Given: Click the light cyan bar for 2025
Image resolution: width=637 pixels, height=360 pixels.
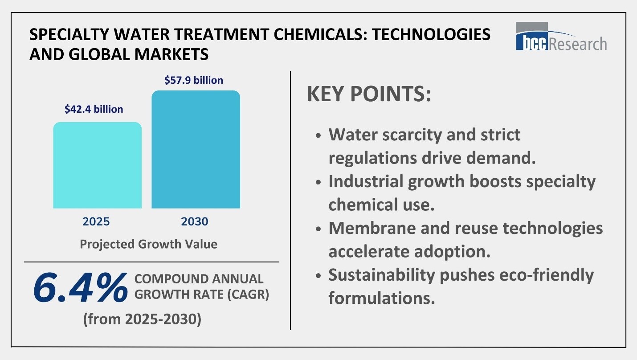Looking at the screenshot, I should pyautogui.click(x=97, y=165).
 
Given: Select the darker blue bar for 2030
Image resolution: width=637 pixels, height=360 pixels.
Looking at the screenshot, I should pyautogui.click(x=196, y=150).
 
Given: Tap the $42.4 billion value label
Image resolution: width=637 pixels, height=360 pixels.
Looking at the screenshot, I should pyautogui.click(x=94, y=109).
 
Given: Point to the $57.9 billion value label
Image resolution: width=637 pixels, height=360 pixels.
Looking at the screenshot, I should pyautogui.click(x=194, y=81).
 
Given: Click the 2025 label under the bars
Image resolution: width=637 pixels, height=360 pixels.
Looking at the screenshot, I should pyautogui.click(x=95, y=221).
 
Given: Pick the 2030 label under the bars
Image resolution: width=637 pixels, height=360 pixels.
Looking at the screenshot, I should pyautogui.click(x=195, y=221).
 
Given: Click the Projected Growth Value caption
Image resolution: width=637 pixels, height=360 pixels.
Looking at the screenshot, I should pyautogui.click(x=148, y=244).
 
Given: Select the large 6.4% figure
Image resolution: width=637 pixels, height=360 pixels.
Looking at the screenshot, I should pyautogui.click(x=79, y=288).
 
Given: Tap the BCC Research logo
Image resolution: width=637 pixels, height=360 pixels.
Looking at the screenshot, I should pyautogui.click(x=561, y=36).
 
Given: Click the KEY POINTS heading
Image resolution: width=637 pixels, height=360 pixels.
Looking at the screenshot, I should pyautogui.click(x=369, y=95).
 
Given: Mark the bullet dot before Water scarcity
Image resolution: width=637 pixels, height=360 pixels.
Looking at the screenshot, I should pyautogui.click(x=318, y=135).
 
